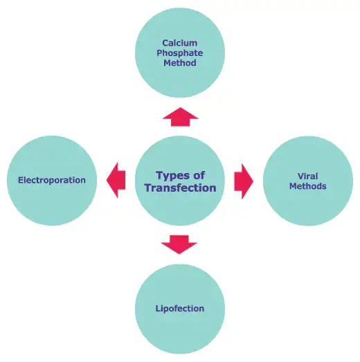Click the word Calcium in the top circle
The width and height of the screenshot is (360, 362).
[x=179, y=43]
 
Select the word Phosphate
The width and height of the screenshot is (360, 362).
[x=179, y=53]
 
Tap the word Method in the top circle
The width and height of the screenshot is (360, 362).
[x=179, y=63]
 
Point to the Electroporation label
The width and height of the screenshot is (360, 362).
[x=52, y=180]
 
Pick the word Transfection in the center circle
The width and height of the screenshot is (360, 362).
[x=180, y=188]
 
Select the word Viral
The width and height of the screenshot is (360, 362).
[x=308, y=176]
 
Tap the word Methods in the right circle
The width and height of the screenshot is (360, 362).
[x=308, y=186]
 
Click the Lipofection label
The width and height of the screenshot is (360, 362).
[x=180, y=309]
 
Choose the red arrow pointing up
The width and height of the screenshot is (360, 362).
[x=181, y=117]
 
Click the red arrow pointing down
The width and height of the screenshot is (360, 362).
[x=179, y=245]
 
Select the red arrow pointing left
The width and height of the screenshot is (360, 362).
[x=116, y=180]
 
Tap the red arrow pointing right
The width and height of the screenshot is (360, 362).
[x=244, y=181]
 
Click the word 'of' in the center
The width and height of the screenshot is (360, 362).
[x=199, y=175]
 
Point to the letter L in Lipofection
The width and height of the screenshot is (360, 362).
[x=158, y=308]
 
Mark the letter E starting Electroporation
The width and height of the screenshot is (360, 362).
[x=21, y=180]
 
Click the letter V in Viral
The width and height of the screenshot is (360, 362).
[x=301, y=176]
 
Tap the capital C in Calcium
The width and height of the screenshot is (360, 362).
[x=165, y=43]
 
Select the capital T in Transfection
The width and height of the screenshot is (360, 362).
[x=149, y=188]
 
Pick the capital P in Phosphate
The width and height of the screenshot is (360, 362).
[x=160, y=53]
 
